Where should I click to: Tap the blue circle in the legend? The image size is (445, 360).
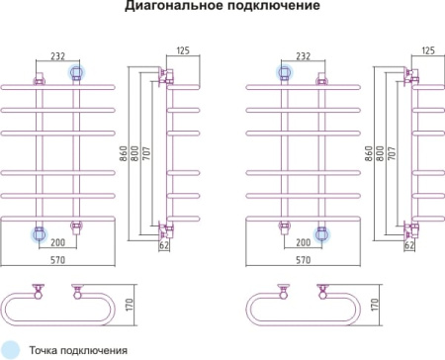[x=10, y=348]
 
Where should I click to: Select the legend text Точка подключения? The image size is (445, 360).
[x=78, y=349]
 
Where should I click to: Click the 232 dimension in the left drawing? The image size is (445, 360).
[x=58, y=57]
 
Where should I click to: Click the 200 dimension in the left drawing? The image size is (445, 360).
[x=58, y=243]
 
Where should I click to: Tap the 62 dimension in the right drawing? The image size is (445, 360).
[x=408, y=246]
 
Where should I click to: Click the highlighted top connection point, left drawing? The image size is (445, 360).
[x=76, y=72]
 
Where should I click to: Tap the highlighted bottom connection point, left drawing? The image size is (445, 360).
[x=40, y=233]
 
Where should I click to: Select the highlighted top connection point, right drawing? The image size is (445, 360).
[x=283, y=72]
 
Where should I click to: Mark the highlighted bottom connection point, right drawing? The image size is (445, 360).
[x=320, y=233]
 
